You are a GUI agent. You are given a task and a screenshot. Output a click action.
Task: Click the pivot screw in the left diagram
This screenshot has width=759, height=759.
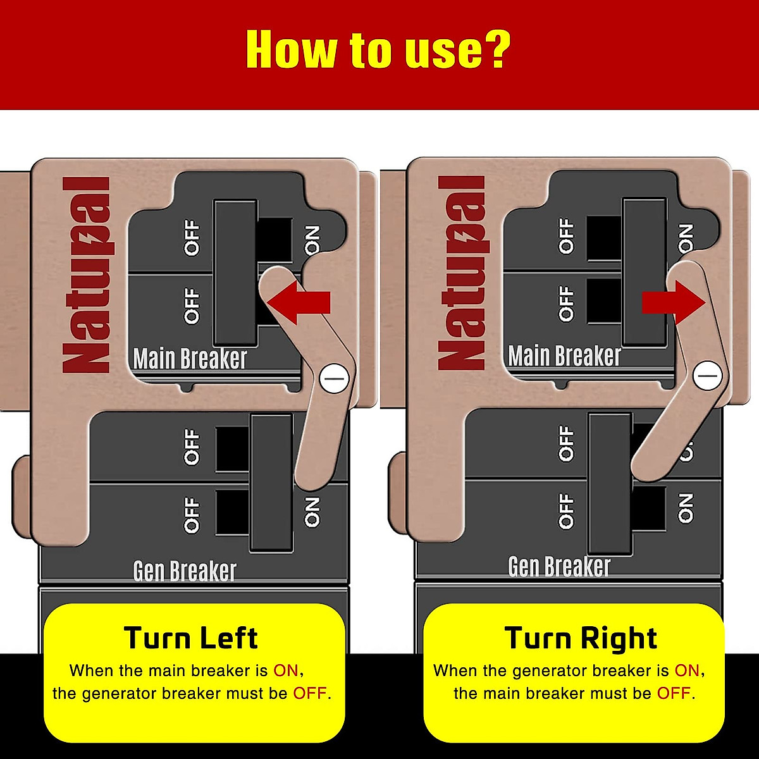335,379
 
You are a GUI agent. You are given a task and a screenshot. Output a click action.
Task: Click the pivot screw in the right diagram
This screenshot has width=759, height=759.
707,376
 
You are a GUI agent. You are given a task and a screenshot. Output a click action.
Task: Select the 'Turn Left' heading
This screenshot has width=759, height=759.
190,638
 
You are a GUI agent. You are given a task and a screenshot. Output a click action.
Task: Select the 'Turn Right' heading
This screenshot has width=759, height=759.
581,638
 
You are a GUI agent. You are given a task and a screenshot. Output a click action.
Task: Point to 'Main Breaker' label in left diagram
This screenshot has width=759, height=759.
190,359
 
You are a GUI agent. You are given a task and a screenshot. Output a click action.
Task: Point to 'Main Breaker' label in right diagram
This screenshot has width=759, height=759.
564,356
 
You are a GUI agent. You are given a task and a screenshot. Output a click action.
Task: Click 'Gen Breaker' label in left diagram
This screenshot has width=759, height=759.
185,571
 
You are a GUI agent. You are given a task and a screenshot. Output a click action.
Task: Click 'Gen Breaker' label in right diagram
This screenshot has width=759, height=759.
559,567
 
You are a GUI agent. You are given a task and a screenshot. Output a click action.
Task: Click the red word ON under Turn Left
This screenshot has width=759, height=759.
286,670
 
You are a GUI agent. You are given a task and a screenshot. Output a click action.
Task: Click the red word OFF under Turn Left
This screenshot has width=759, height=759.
310,693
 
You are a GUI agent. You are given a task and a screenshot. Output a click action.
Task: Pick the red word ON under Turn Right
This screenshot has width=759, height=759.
687,670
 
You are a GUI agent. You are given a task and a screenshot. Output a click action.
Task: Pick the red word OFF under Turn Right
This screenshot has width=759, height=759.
674,693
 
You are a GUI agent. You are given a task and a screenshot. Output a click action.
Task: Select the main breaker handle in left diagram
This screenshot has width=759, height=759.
235,272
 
